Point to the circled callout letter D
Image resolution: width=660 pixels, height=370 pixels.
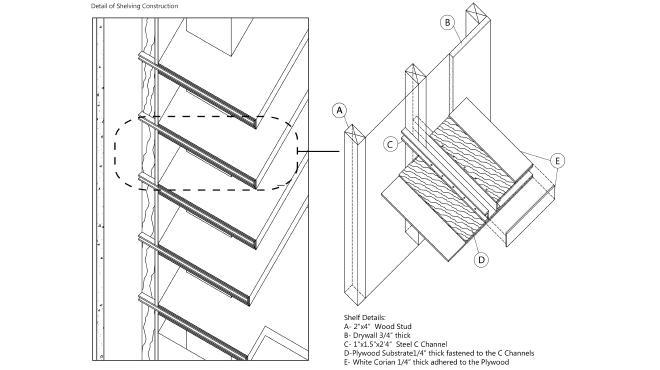coord(481,259)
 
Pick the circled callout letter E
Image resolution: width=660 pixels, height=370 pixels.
coord(557,159)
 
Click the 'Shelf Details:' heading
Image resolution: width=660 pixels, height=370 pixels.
coord(364,317)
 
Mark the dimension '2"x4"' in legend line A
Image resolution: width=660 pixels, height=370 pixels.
coord(358,326)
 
